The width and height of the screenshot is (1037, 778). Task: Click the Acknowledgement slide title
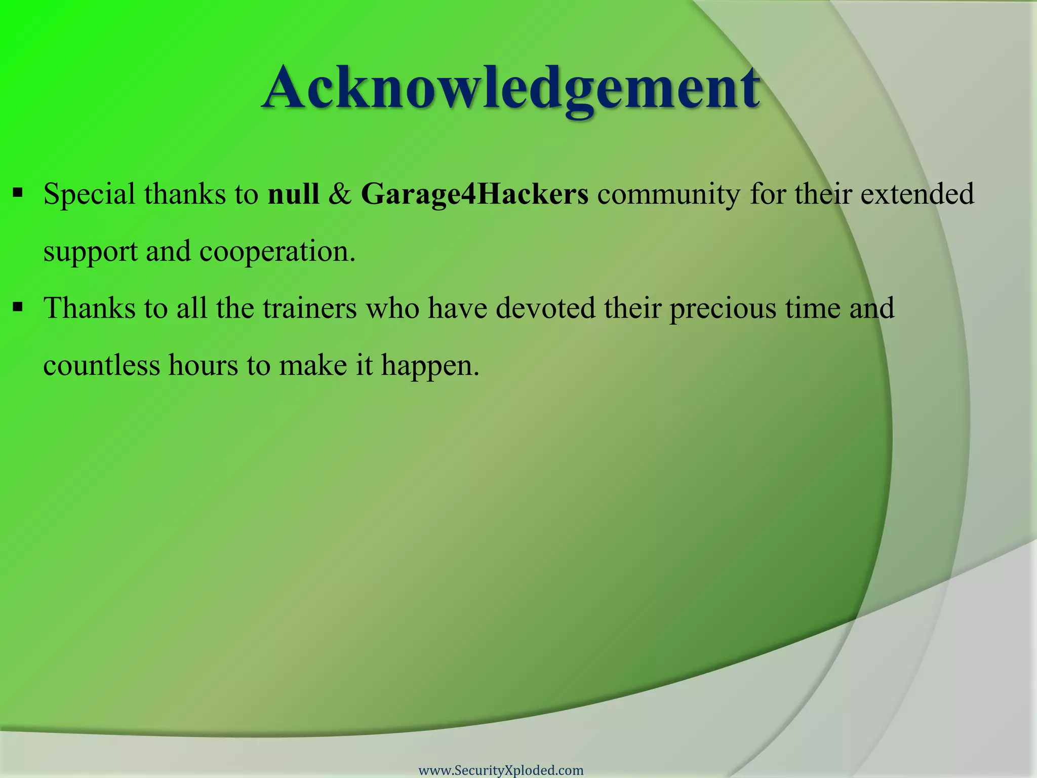[x=510, y=87]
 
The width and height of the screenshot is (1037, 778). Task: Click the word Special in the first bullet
[x=89, y=194]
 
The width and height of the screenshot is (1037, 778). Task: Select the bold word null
[x=293, y=194]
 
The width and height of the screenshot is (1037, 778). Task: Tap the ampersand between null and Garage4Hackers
[x=340, y=194]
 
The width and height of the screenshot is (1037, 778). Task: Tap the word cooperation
[x=277, y=251]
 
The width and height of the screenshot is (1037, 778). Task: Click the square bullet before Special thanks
[x=18, y=192]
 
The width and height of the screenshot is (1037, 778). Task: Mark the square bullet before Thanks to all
[x=18, y=306]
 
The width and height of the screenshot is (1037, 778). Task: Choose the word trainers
[x=310, y=308]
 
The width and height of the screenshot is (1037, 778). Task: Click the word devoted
[x=545, y=308]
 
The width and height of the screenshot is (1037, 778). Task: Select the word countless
[x=101, y=365]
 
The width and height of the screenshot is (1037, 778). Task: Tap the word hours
[x=203, y=365]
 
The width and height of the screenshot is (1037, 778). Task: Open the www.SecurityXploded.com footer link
[x=501, y=770]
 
